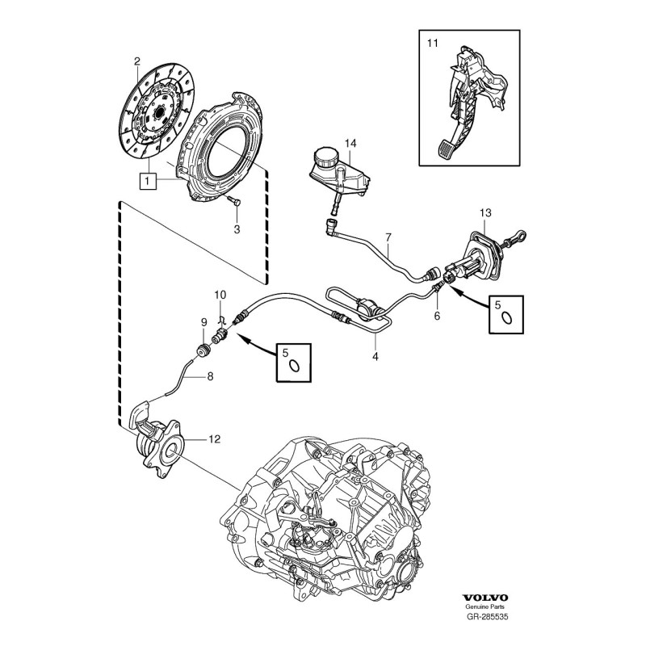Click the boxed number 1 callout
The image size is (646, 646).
tap(148, 182)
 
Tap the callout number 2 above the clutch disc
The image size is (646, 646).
tap(137, 61)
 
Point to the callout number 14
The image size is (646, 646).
tap(350, 144)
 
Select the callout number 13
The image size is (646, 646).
tap(484, 212)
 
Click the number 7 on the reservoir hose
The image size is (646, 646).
tap(388, 237)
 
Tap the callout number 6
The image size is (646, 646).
tap(438, 317)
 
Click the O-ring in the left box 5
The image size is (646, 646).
tap(296, 365)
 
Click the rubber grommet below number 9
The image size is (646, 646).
tap(205, 352)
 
